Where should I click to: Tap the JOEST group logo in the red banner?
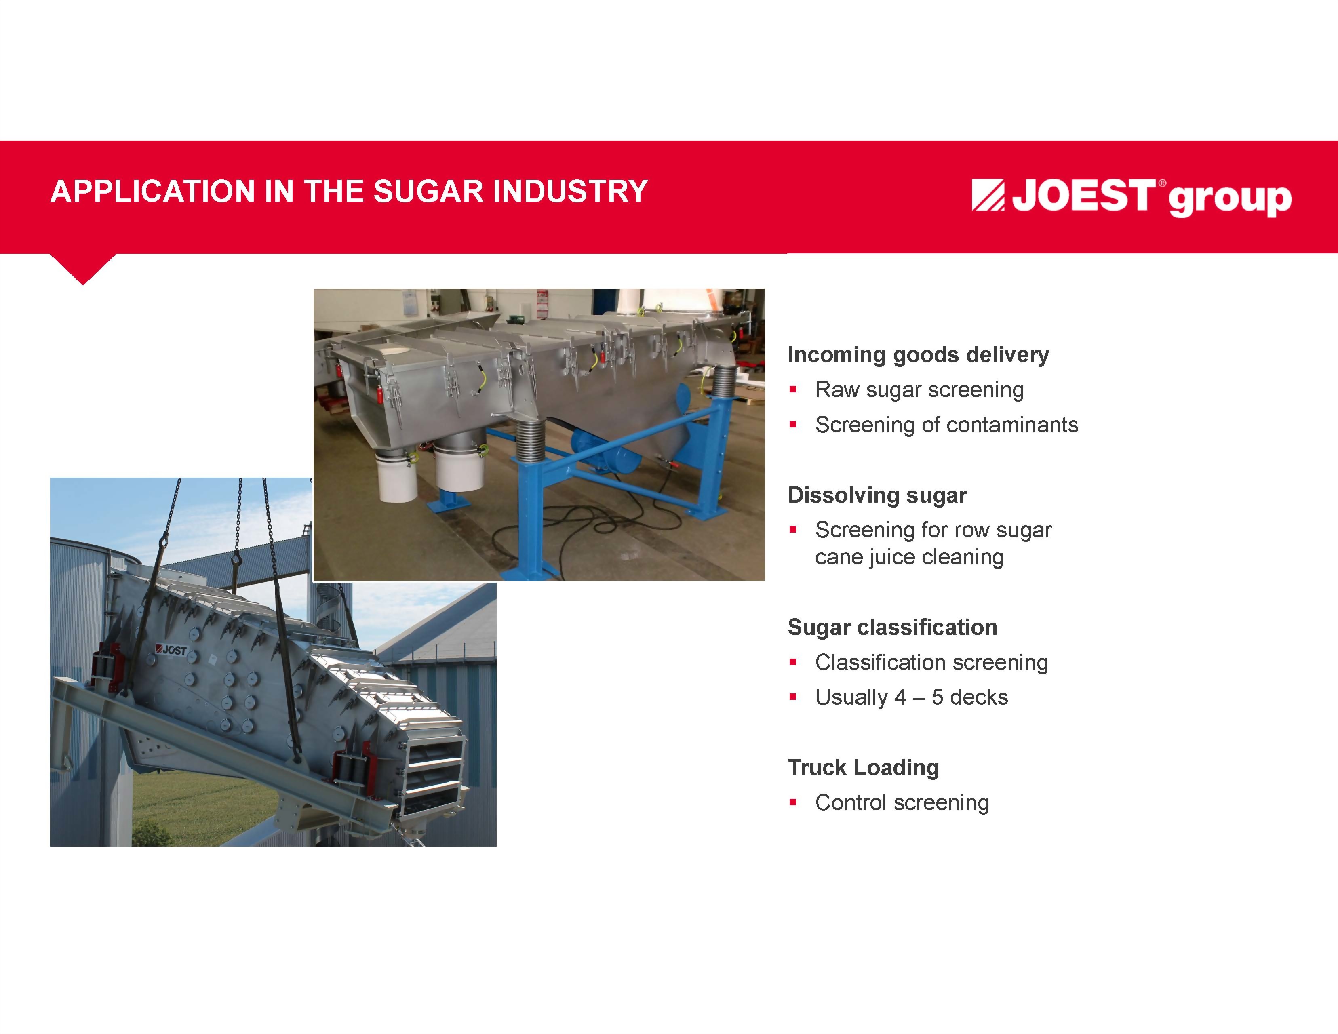tap(1132, 197)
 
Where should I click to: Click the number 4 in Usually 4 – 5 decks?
tap(900, 697)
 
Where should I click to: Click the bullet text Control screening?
tap(902, 802)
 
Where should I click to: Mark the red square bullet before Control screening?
tap(793, 802)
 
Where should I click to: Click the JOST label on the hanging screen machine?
tap(172, 649)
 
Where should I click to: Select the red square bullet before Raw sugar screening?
tap(793, 389)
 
